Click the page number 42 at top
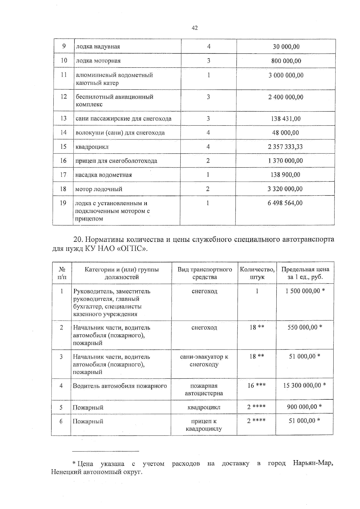(x=194, y=28)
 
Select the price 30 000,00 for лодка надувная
(x=286, y=46)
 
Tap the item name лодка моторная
(x=98, y=61)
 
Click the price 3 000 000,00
(x=286, y=75)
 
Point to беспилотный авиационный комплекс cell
(x=114, y=100)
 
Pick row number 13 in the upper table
(x=63, y=118)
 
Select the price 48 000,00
(x=285, y=132)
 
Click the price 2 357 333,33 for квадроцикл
(x=285, y=147)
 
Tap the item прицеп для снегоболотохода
(x=116, y=161)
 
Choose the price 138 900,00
(x=285, y=175)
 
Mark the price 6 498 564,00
(x=285, y=203)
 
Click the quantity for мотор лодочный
(x=208, y=189)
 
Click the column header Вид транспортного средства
(x=205, y=273)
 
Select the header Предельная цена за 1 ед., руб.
(x=305, y=273)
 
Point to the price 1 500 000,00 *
(x=305, y=291)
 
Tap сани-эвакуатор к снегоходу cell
(x=204, y=360)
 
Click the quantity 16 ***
(x=256, y=385)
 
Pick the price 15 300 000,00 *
(x=304, y=385)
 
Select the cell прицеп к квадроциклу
(x=204, y=425)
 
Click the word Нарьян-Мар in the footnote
(x=313, y=463)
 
